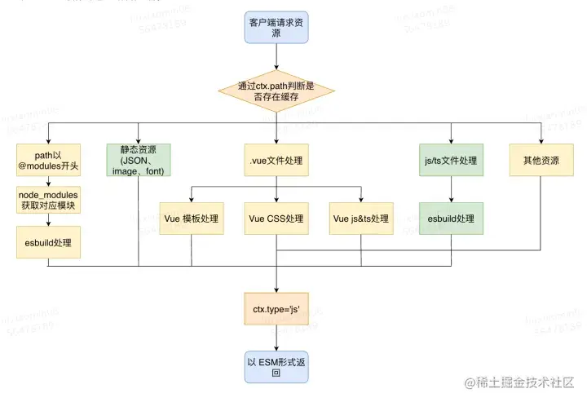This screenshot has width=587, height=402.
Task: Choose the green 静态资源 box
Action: pos(139,160)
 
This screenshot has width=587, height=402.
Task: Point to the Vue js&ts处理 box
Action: pos(361,219)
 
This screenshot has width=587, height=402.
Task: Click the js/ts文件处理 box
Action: pos(452,161)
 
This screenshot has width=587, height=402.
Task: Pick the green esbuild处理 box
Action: pos(452,219)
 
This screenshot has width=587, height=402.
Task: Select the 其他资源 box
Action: pos(540,161)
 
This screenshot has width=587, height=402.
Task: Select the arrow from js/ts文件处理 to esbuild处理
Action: pos(452,189)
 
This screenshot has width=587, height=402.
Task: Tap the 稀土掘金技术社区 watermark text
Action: pos(519,382)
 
